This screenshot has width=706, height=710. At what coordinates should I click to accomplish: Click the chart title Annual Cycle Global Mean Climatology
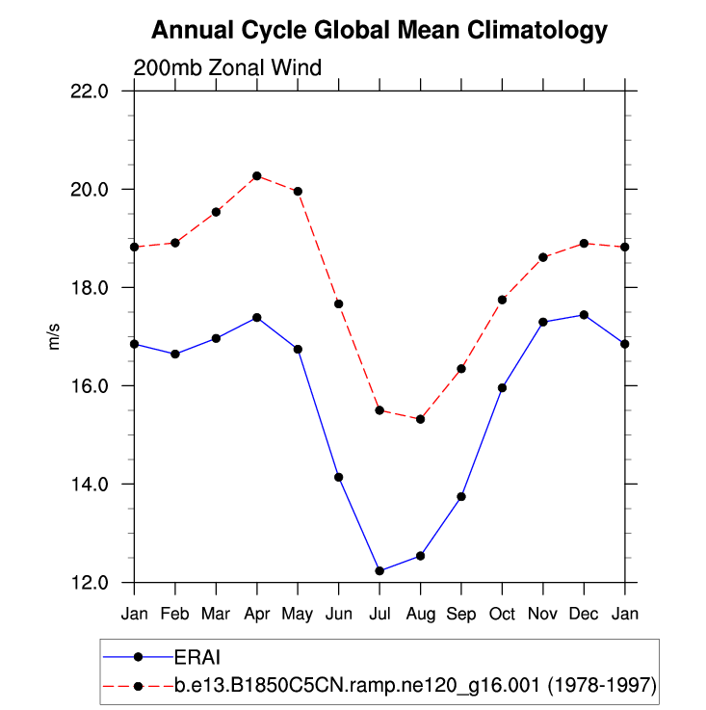tap(379, 31)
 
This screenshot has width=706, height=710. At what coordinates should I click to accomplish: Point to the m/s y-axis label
tap(55, 336)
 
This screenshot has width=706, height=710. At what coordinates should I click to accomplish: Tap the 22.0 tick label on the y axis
tap(101, 91)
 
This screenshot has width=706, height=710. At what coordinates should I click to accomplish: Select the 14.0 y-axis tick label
tap(101, 484)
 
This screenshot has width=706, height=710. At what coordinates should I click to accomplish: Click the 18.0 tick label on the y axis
tap(101, 287)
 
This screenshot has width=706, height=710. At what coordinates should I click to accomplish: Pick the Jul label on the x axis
tap(379, 613)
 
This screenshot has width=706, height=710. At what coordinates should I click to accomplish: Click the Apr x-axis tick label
tap(257, 613)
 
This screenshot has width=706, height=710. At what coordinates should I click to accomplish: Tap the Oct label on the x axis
tap(503, 613)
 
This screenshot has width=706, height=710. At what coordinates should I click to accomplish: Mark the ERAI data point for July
tap(379, 571)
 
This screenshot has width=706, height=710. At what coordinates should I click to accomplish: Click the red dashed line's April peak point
tap(257, 176)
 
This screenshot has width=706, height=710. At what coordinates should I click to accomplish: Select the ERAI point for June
tap(339, 477)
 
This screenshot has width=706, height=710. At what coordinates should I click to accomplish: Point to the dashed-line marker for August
tap(421, 419)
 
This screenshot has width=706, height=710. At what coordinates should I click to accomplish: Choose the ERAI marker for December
tap(584, 315)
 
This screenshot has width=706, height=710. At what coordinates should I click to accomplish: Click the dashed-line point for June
tap(339, 304)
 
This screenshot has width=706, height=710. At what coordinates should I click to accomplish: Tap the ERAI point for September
tap(461, 496)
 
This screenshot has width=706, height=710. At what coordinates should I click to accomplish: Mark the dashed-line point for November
tap(543, 257)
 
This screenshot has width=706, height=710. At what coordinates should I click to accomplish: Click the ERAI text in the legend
tap(197, 658)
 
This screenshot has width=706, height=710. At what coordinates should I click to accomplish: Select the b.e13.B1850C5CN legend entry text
tap(415, 686)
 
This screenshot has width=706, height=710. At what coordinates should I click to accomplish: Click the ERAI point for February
tap(175, 354)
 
